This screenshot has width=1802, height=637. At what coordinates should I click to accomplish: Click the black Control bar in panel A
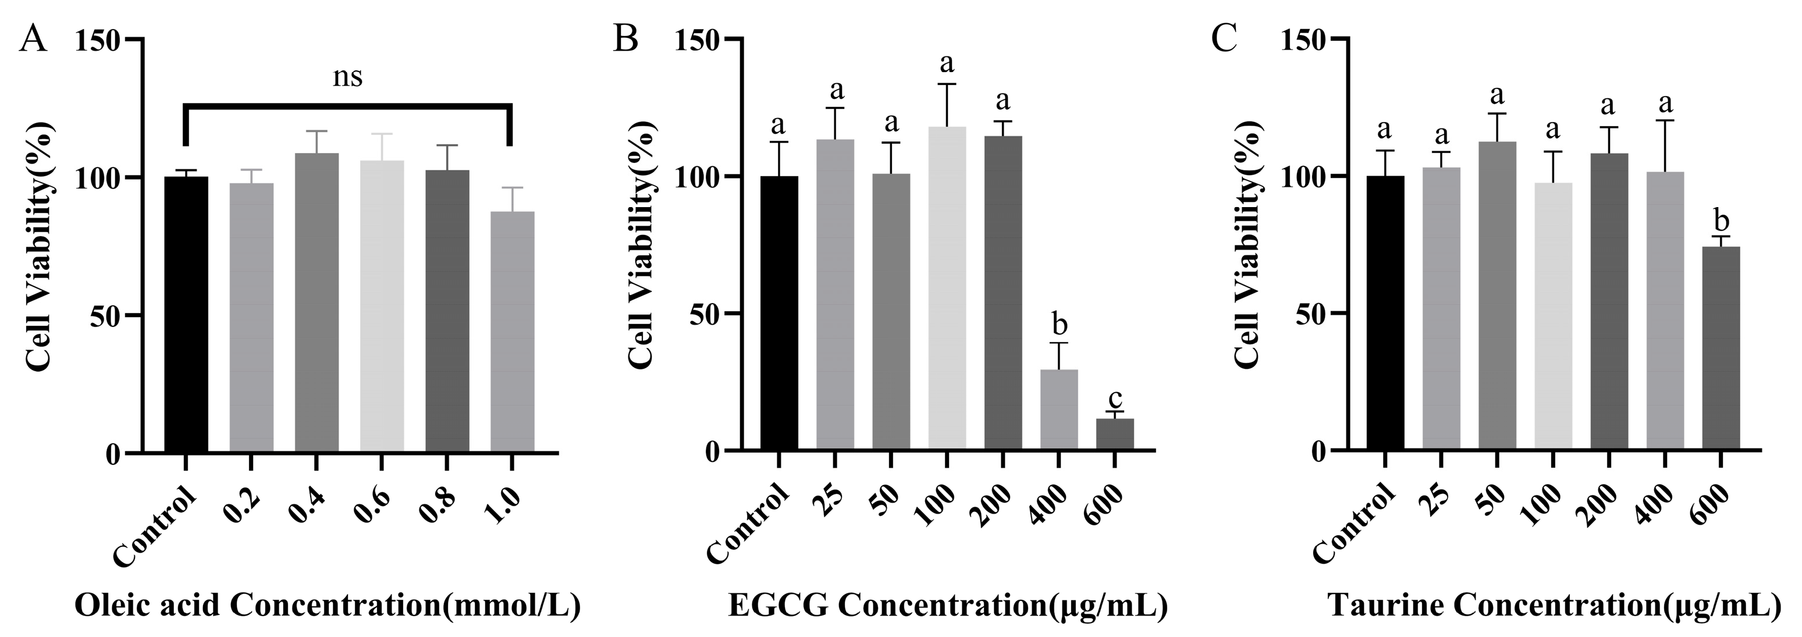[186, 315]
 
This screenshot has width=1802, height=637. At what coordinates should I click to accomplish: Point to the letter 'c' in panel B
[1115, 398]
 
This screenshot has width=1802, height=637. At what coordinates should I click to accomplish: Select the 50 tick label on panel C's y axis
[1308, 314]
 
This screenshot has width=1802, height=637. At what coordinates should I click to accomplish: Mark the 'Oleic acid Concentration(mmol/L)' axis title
[328, 606]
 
